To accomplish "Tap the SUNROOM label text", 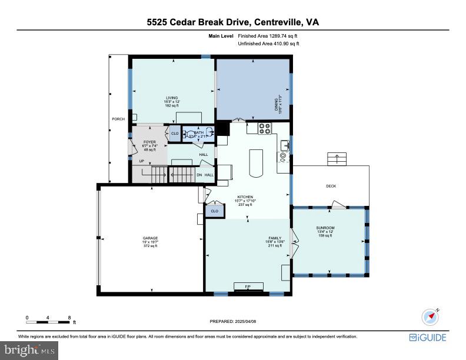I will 325,228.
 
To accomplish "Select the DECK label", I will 331,186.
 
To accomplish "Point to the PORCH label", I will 118,119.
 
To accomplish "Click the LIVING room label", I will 172,98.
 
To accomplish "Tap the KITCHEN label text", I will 245,197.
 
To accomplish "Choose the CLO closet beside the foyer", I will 175,134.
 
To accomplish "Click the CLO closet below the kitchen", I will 214,211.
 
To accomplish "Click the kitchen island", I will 255,163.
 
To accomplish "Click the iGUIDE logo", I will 428,338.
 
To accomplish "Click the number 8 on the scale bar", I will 69,318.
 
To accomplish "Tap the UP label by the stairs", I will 141,161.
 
